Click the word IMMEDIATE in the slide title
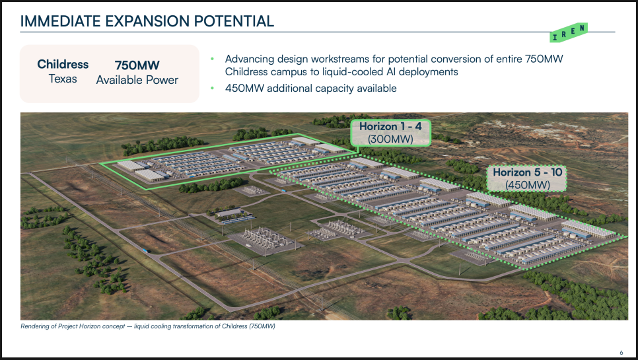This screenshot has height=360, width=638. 61,21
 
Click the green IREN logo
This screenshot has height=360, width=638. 569,32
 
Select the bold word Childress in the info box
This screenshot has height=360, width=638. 63,64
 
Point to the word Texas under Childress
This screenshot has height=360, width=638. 63,79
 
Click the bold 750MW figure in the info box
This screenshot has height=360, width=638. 137,65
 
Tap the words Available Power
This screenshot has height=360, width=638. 137,80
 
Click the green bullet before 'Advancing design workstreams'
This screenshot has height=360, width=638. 213,59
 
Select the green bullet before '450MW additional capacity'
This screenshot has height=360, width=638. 213,89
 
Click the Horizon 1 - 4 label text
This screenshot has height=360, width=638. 390,127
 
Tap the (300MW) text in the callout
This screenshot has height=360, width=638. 390,139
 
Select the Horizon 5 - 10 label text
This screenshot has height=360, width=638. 527,172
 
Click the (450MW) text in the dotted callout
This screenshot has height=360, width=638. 527,185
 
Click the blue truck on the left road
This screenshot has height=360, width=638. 145,251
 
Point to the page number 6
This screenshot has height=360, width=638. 621,353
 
